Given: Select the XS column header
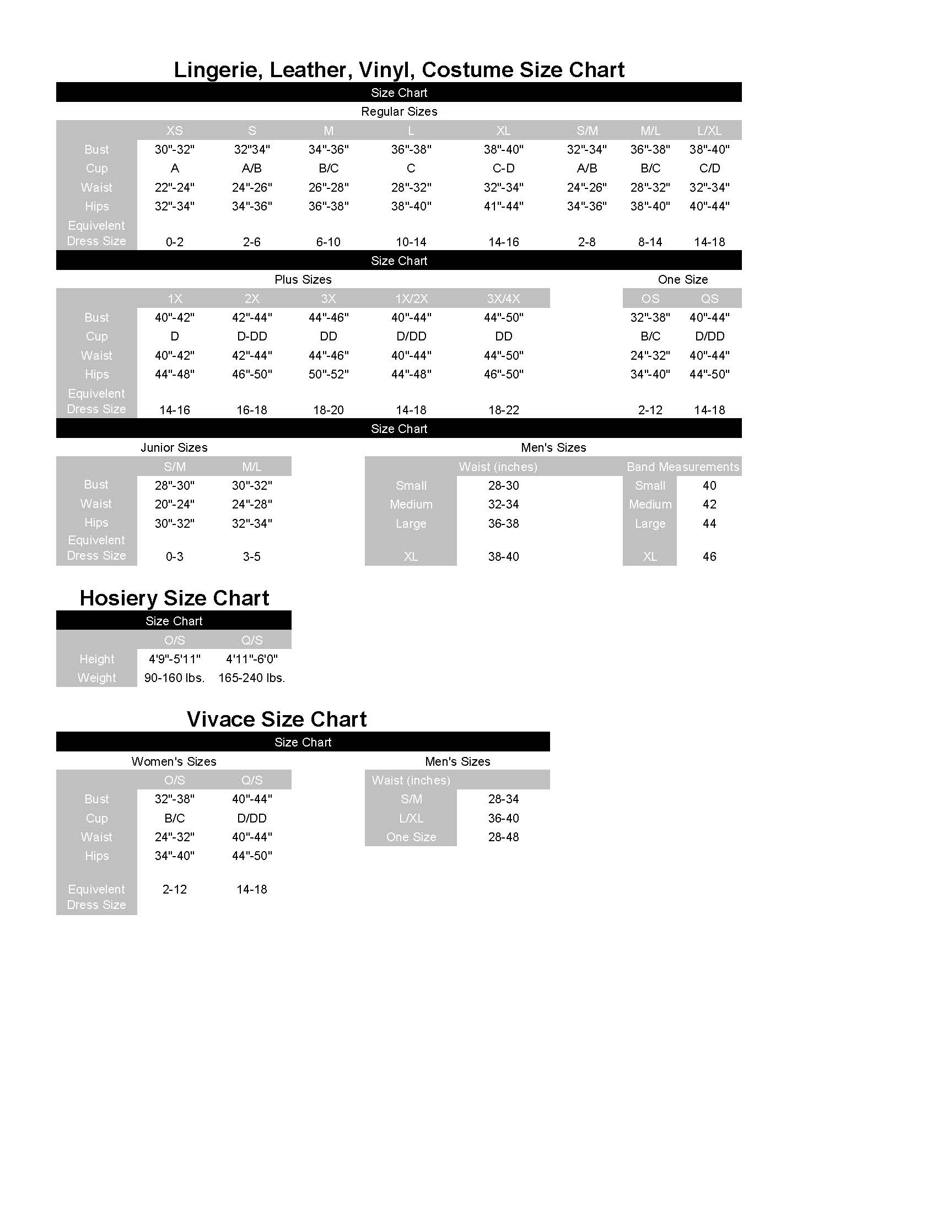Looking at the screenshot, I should tap(174, 131).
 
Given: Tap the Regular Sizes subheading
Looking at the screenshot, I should tap(399, 111).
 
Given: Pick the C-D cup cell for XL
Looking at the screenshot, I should tap(503, 168).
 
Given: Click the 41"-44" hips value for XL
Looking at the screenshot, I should tap(503, 207).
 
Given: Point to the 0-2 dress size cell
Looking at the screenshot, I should tap(174, 242).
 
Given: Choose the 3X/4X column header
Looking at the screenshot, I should tap(503, 299).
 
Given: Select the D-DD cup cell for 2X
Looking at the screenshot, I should tap(251, 336).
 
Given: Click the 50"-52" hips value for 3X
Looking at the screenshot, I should tap(328, 375).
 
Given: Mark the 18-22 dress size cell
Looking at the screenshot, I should tap(503, 410).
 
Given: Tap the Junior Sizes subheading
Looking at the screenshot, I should tap(174, 448).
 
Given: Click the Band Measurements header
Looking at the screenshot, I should tap(682, 467).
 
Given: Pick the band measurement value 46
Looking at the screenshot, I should tap(709, 556).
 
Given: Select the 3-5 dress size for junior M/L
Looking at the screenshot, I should tap(251, 556).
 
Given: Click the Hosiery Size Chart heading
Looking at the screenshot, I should tap(174, 598).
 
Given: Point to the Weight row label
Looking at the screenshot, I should tap(96, 678).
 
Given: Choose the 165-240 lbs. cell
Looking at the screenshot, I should tap(251, 678).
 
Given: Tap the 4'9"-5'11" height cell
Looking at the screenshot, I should tap(174, 659).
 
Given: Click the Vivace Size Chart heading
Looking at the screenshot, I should tap(277, 719).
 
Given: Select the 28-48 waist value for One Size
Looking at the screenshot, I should tap(503, 837).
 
